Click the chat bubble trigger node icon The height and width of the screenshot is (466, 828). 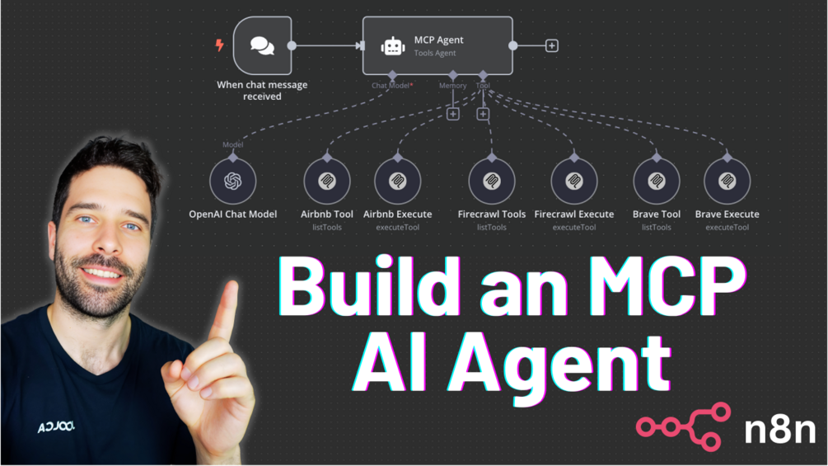[262, 46]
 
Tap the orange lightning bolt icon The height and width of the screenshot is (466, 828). [219, 45]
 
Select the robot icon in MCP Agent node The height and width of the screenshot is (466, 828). [393, 47]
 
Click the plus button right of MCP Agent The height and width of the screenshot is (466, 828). [552, 46]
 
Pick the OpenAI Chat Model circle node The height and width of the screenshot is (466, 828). [233, 181]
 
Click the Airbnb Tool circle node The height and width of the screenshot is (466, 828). [327, 181]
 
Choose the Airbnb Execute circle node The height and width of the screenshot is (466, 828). [398, 181]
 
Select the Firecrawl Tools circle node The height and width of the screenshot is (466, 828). [492, 181]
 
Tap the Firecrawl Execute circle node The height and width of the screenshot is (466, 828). [574, 181]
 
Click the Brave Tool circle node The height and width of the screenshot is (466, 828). [657, 181]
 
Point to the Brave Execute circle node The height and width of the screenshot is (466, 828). [727, 181]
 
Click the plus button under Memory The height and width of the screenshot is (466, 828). [452, 114]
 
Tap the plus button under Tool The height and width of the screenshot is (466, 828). [483, 114]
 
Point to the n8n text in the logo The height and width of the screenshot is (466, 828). [779, 429]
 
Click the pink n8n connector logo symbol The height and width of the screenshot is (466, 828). [683, 426]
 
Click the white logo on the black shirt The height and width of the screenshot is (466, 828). [55, 426]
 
